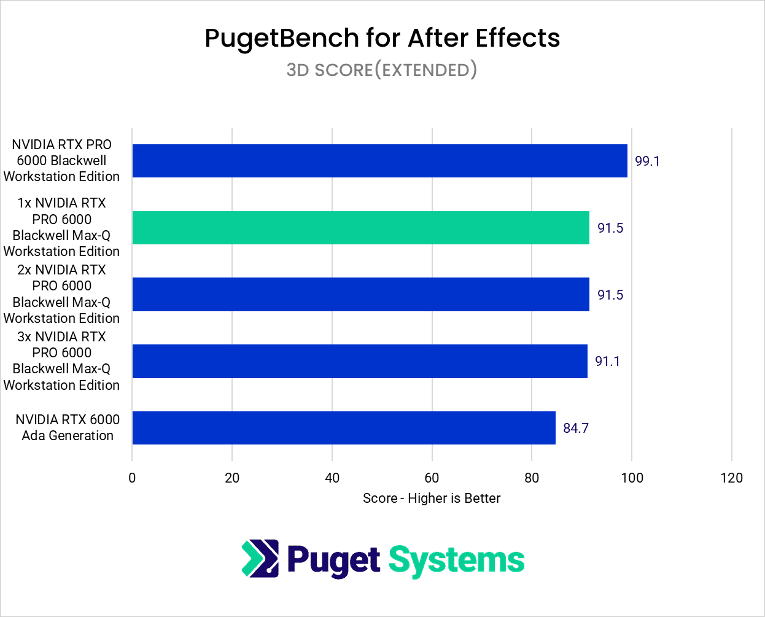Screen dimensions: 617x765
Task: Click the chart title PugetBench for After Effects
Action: pos(382,38)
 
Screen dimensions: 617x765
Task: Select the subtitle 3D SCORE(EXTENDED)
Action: pos(382,70)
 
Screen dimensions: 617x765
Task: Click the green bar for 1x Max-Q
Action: pos(360,228)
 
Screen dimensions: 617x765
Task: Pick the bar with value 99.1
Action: pos(379,161)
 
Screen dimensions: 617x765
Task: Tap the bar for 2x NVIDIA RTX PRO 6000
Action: pos(360,295)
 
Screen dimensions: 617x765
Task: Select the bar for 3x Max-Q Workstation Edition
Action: pos(360,361)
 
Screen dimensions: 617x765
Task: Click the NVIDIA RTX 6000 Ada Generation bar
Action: pos(344,428)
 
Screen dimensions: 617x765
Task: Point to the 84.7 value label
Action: pos(576,428)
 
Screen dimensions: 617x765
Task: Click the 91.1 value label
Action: pos(607,361)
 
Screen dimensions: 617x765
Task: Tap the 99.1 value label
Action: pos(647,161)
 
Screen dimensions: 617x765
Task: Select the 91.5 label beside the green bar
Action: pos(610,228)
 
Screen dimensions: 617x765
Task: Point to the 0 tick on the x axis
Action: pos(132,478)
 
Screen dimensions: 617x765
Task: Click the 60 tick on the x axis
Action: pos(432,478)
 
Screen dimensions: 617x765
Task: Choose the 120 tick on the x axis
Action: pos(731,478)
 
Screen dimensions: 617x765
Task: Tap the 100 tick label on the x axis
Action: pos(632,478)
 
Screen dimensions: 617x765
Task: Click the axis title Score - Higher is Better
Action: pos(432,498)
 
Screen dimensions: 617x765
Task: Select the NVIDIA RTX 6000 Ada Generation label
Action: pos(68,427)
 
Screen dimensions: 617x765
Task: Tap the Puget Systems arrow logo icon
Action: pos(260,559)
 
